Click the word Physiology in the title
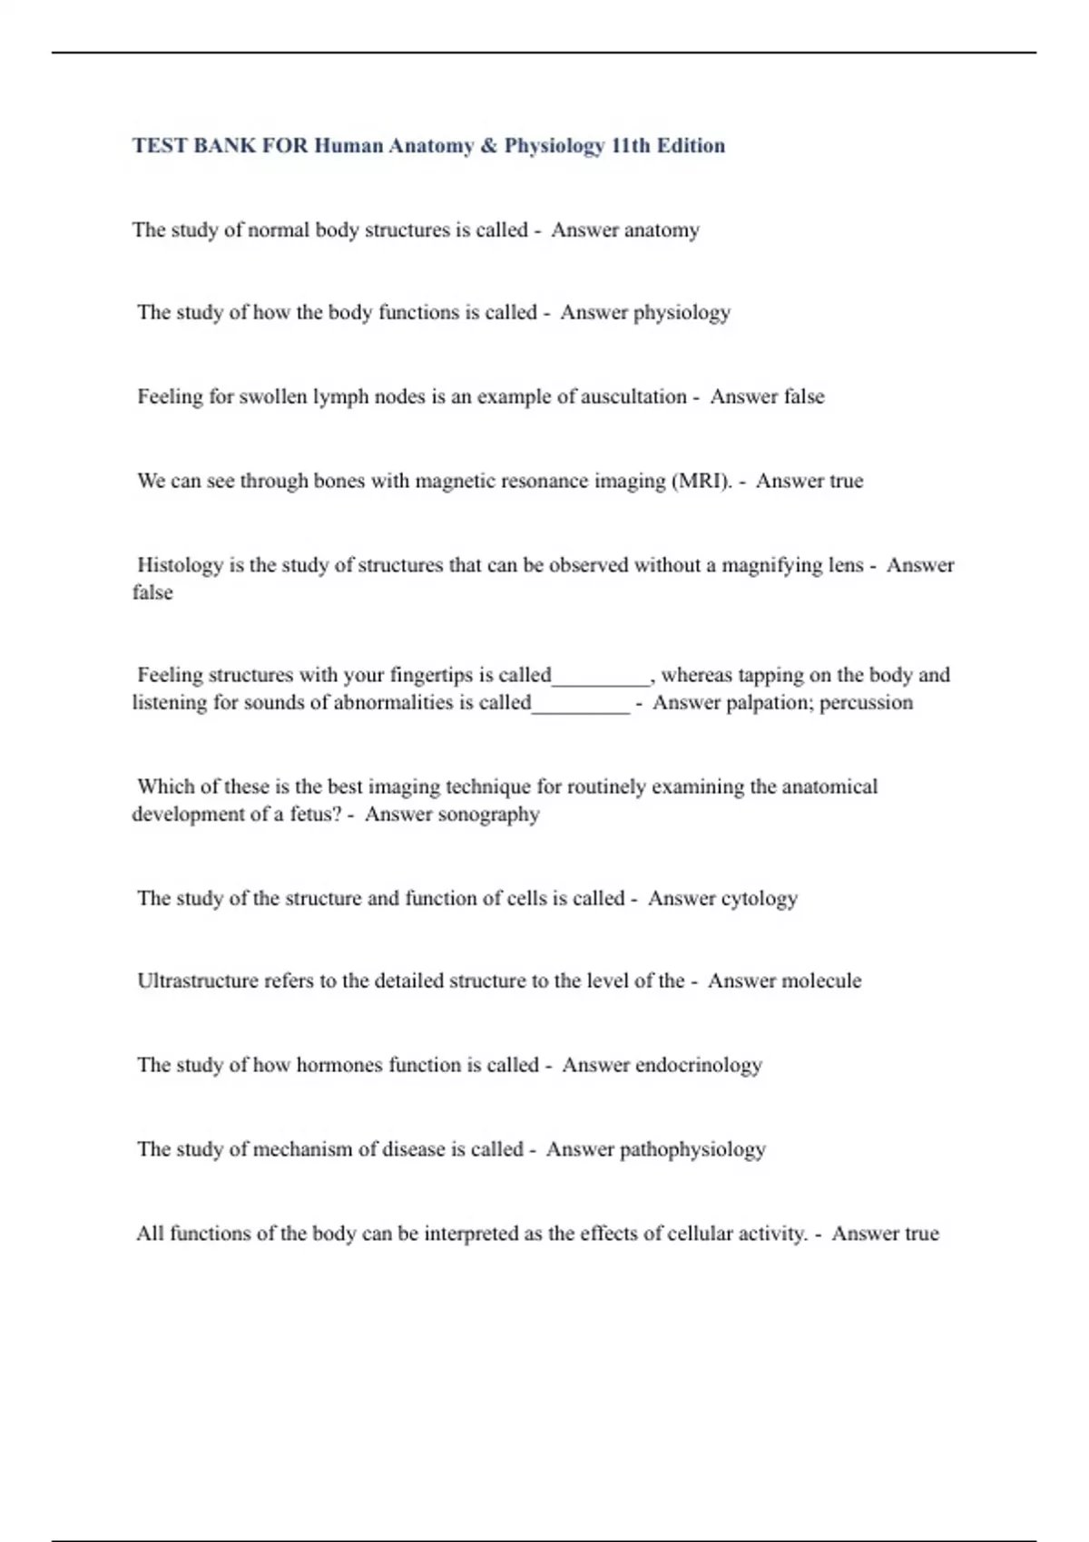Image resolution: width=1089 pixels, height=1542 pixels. point(554,146)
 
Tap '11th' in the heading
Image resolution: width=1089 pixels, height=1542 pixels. point(631,146)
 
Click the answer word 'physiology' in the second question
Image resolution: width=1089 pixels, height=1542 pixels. point(682,313)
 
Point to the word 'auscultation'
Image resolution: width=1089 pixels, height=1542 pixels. point(633,396)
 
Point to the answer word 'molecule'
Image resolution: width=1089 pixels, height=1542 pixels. point(811,981)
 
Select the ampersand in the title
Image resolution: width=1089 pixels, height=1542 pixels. point(488,146)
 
